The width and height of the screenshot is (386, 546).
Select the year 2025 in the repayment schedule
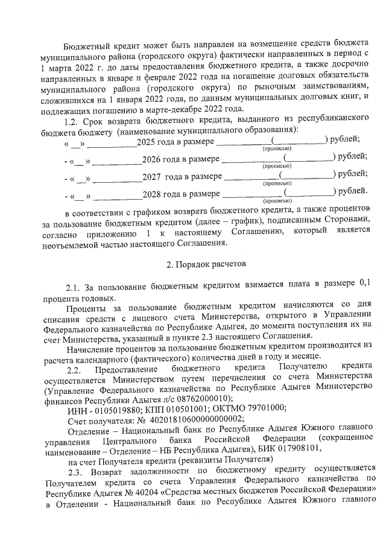pyautogui.click(x=147, y=141)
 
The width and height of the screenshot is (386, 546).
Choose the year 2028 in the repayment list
pyautogui.click(x=152, y=194)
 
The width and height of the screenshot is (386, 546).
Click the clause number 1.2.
pyautogui.click(x=74, y=121)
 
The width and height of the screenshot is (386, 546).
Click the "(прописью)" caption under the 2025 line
pyautogui.click(x=276, y=148)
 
